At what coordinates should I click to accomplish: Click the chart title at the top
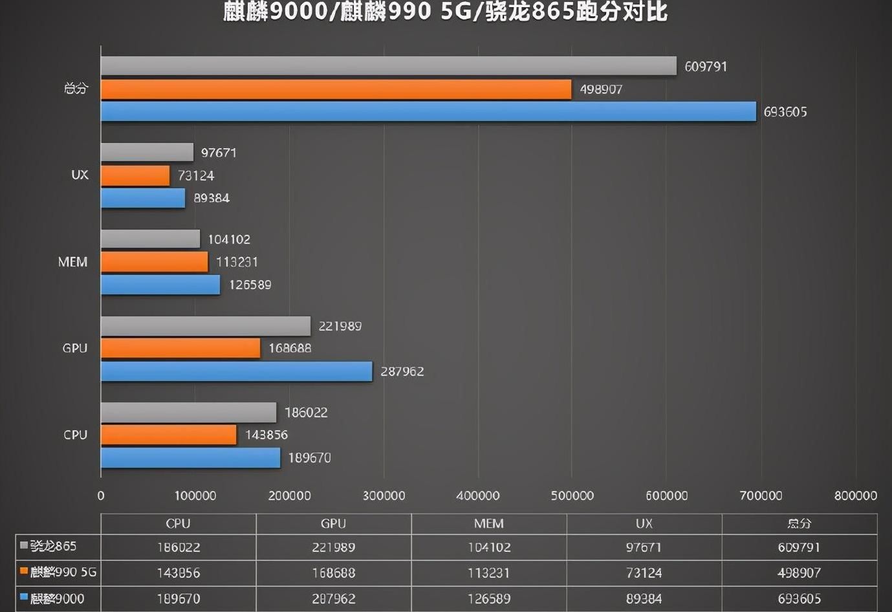(445, 12)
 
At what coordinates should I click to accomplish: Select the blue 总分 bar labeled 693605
(428, 111)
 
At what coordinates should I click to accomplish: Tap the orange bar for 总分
(336, 89)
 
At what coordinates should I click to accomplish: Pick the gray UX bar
(147, 153)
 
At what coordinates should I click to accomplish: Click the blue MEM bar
(160, 285)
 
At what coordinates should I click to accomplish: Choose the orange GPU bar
(180, 348)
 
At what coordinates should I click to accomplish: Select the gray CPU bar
(188, 412)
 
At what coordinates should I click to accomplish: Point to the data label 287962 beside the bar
(402, 371)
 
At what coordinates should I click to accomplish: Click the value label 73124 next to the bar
(195, 175)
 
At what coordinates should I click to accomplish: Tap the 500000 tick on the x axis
(572, 496)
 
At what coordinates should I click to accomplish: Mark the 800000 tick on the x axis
(855, 496)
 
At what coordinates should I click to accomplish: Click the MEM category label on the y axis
(72, 262)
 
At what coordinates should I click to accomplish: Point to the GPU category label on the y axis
(74, 348)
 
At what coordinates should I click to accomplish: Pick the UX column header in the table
(644, 523)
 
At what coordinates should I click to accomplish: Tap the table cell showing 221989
(333, 547)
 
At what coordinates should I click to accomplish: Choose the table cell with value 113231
(488, 573)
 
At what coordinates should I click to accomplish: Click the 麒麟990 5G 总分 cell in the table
(799, 573)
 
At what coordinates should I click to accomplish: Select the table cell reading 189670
(178, 599)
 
